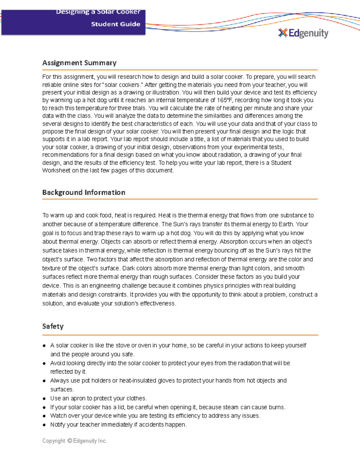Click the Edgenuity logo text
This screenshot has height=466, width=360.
(308, 33)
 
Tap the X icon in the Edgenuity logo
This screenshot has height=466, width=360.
(283, 33)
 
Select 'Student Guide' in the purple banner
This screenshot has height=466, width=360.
(115, 24)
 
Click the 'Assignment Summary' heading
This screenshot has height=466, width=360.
(79, 63)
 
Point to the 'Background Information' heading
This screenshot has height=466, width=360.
(84, 192)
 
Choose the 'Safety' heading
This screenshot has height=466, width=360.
(53, 326)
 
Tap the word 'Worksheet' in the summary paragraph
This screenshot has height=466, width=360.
(56, 170)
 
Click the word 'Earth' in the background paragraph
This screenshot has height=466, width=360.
(286, 224)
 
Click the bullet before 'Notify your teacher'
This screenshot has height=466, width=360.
(44, 425)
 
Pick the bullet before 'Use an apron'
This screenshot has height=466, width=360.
(44, 398)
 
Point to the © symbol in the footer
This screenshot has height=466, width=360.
(70, 441)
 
